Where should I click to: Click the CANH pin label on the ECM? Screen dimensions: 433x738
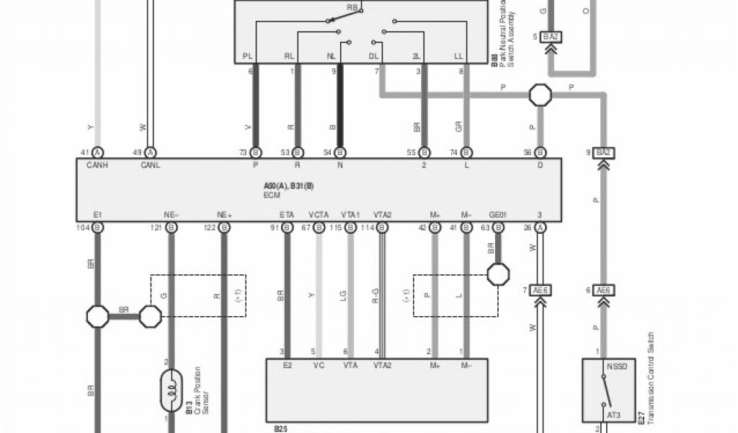(x=97, y=165)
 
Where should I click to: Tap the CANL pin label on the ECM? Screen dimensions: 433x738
(x=150, y=165)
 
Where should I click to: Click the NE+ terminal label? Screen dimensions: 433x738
(x=224, y=215)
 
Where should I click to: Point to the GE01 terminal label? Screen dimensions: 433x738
(x=498, y=215)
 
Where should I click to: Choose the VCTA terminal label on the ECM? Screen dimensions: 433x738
(x=319, y=215)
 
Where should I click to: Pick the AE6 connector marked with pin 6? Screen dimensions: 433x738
(x=603, y=290)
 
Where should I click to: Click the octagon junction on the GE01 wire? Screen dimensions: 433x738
(x=498, y=274)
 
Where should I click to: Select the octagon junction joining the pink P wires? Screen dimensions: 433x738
(x=540, y=94)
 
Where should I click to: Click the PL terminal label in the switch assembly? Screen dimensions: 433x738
(x=248, y=56)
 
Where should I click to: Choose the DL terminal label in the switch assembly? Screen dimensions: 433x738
(x=374, y=56)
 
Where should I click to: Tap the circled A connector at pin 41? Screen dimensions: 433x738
(x=98, y=152)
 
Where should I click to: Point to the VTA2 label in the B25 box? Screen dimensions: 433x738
(x=382, y=366)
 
